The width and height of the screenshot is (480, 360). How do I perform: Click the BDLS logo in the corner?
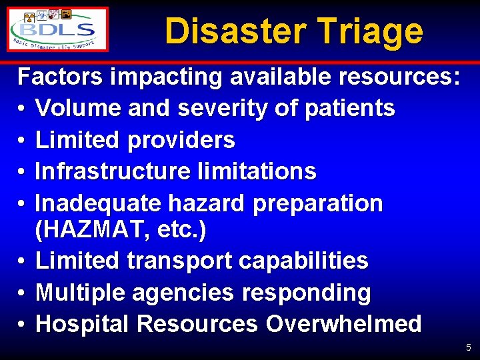tap(58, 30)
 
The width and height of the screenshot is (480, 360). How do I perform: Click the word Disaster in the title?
tap(233, 31)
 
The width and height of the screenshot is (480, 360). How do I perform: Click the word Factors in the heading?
tap(60, 77)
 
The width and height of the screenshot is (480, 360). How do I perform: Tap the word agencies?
tap(181, 292)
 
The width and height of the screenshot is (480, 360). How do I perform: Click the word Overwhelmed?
tap(343, 324)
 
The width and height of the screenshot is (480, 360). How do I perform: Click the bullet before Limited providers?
tap(22, 141)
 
